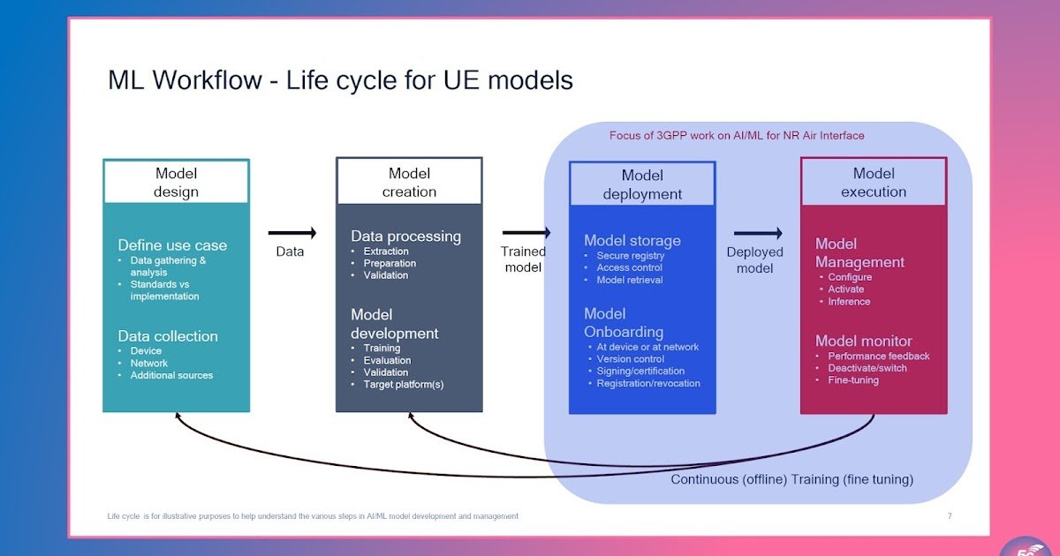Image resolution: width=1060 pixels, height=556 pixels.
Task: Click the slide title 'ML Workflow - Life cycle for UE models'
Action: [x=340, y=80]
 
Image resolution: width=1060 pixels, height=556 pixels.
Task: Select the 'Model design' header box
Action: [x=177, y=183]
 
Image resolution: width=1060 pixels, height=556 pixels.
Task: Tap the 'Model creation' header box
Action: [x=409, y=183]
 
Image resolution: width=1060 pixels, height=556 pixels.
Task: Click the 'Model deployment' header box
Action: [x=642, y=184]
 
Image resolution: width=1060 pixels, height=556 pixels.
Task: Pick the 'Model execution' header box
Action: [x=874, y=183]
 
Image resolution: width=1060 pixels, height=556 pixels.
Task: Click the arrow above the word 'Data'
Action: [x=291, y=233]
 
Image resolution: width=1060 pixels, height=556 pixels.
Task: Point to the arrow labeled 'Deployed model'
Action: [x=758, y=233]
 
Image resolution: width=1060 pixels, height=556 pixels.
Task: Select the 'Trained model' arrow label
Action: [x=524, y=259]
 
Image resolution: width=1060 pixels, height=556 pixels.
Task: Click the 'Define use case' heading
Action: [x=172, y=245]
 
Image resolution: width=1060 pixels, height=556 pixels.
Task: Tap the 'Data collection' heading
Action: [x=168, y=336]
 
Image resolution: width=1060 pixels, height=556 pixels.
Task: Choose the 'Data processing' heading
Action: [x=405, y=237]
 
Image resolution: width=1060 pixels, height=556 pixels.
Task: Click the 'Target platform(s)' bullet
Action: [x=403, y=385]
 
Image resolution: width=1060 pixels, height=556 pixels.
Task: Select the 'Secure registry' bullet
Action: [x=629, y=256]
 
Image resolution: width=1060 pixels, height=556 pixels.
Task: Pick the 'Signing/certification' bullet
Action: [x=640, y=372]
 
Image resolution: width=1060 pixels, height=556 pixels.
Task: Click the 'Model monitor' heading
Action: [x=863, y=341]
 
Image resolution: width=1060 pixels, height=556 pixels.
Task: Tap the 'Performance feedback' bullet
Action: [x=878, y=357]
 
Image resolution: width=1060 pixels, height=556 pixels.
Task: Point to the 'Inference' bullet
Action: [x=849, y=302]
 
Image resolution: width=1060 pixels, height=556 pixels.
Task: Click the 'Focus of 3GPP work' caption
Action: [x=737, y=136]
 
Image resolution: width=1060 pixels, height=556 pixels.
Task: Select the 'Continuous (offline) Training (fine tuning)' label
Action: [x=791, y=480]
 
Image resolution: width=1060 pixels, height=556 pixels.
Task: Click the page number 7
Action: [x=950, y=516]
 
